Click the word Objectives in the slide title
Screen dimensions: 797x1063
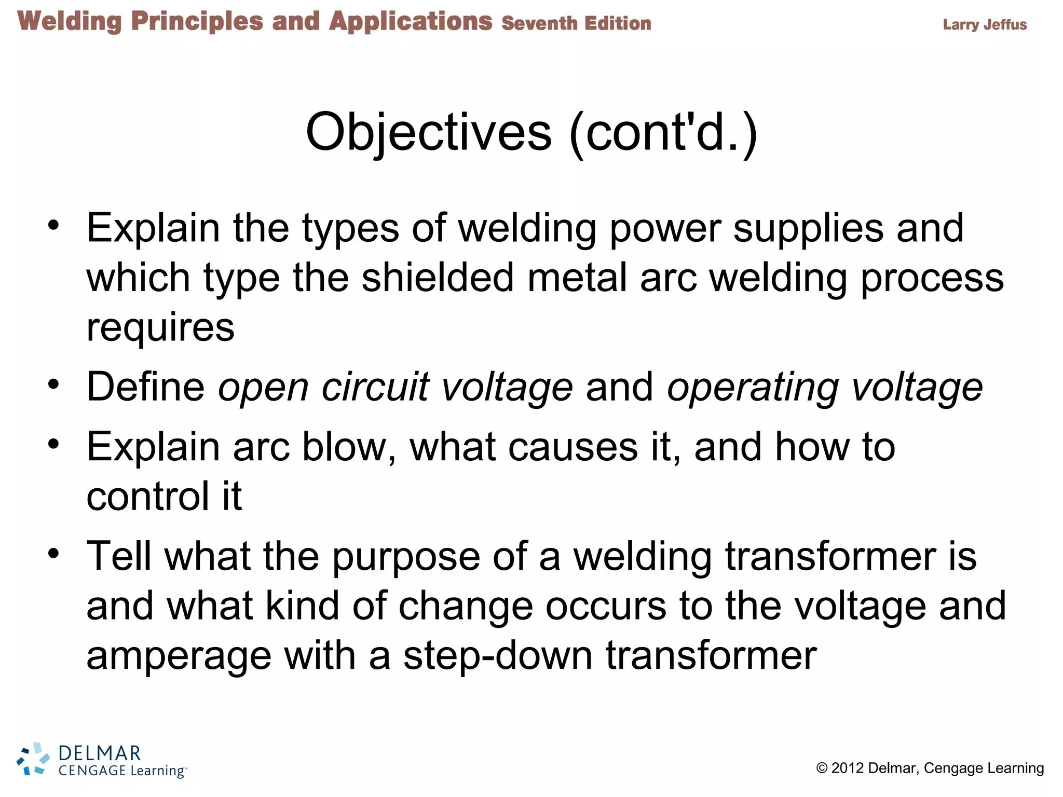tap(429, 133)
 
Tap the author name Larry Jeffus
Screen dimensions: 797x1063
tap(985, 24)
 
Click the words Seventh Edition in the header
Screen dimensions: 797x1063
tap(576, 23)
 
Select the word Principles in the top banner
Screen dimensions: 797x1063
tap(197, 22)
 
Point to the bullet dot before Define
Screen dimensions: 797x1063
tap(53, 384)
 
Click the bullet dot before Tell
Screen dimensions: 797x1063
tap(53, 553)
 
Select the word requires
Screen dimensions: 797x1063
tap(160, 328)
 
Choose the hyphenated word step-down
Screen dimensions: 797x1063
tap(498, 656)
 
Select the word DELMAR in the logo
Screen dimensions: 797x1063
tap(100, 753)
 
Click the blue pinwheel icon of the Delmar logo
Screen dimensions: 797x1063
tap(33, 760)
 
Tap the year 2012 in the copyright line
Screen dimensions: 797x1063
tap(847, 768)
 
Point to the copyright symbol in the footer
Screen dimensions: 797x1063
tap(822, 768)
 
